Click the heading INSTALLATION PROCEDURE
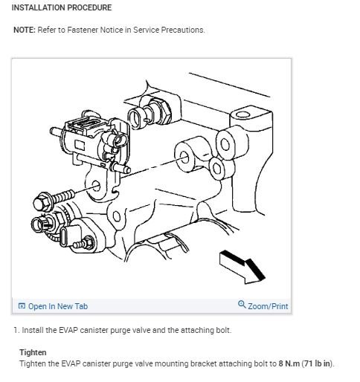[62, 7]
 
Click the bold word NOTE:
[25, 30]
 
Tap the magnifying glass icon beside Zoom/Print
[242, 304]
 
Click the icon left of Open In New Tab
[22, 306]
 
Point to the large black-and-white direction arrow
[242, 267]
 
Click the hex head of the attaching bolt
[42, 202]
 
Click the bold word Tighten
[33, 352]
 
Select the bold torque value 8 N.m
[289, 363]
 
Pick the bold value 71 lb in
[318, 363]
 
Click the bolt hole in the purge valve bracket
[96, 186]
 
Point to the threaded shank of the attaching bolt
[62, 195]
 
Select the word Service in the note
[147, 30]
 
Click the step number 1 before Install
[16, 330]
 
